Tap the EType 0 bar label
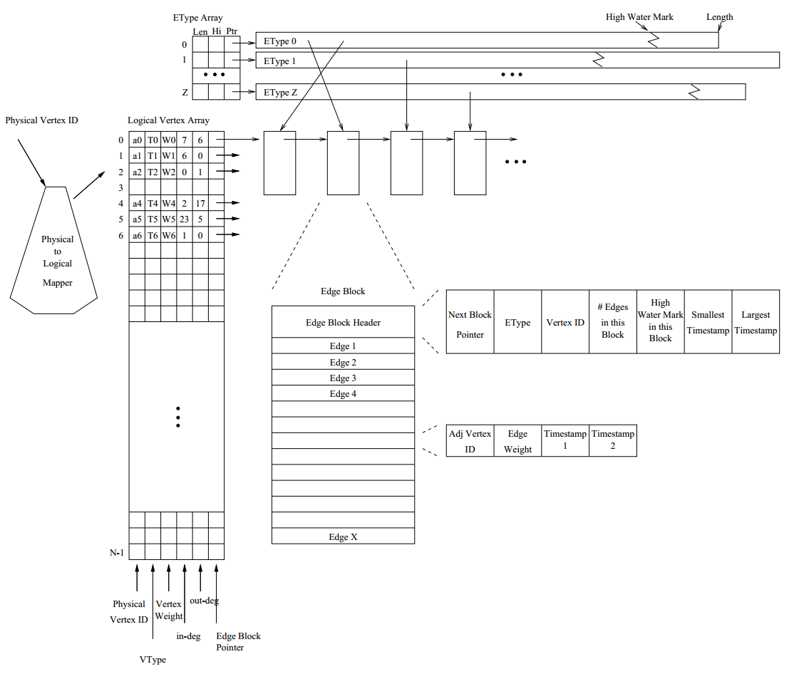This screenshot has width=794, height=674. point(280,41)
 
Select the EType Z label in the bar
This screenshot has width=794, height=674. point(280,93)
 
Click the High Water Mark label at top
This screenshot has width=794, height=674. point(639,17)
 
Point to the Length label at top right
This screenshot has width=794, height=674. point(719,17)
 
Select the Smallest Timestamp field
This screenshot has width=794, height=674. point(708,322)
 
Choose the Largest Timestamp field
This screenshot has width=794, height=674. point(756,322)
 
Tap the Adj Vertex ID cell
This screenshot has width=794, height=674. point(470,441)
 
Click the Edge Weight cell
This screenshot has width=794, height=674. point(517,441)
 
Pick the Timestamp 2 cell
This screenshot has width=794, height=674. point(613,440)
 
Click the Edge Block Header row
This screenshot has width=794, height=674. point(343,323)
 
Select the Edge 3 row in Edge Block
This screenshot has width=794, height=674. point(343,378)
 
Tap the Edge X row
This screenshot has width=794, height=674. point(343,537)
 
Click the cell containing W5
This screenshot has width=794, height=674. point(168,219)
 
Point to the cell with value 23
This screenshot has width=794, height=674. point(184,219)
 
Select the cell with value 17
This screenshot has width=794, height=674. point(200,203)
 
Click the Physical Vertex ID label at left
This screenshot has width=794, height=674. point(41,120)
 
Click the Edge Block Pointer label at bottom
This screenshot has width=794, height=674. point(238,641)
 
